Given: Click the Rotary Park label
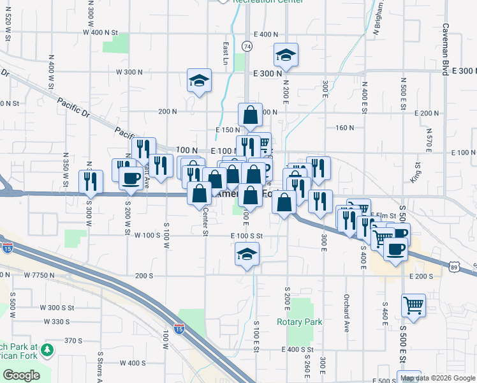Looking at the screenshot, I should click(x=299, y=322).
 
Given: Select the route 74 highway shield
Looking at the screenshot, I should click(x=247, y=46).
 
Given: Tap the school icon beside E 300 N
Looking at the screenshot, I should click(x=286, y=56).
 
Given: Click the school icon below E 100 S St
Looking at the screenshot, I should click(x=247, y=256).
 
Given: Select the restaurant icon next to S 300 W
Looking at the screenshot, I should click(x=91, y=181).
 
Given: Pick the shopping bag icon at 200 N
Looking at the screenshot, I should click(x=250, y=115).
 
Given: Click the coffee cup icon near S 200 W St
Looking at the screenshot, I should click(x=131, y=178).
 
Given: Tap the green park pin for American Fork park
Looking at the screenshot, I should click(x=48, y=349).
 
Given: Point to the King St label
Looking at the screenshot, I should click(x=418, y=170).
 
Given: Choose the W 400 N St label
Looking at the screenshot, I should click(x=101, y=32).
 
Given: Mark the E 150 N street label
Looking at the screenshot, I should click(x=227, y=130).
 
